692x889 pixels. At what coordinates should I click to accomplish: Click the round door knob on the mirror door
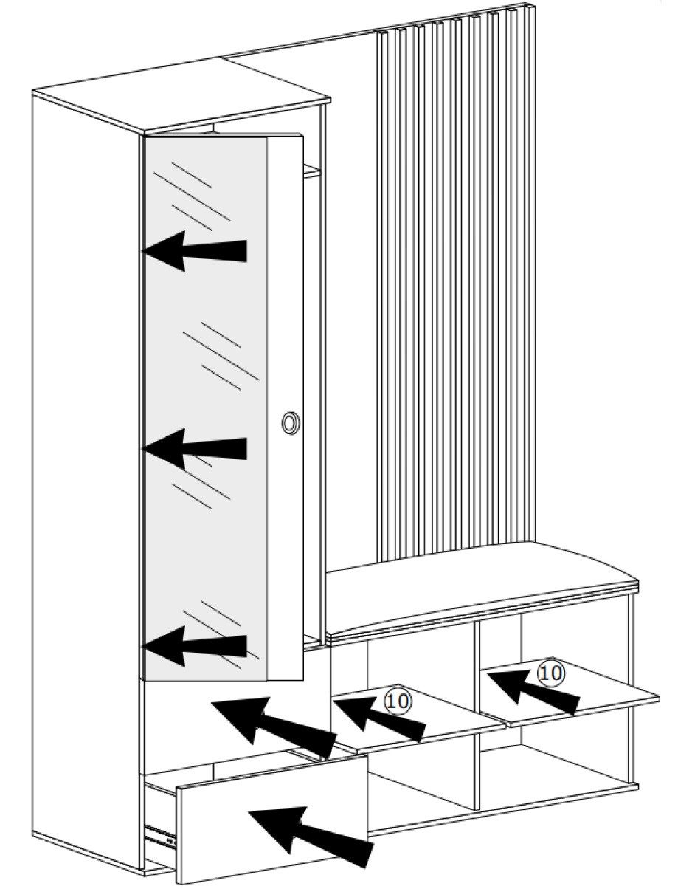click(291, 422)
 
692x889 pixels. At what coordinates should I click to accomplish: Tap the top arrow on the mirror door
click(194, 251)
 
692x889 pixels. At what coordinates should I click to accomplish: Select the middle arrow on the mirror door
click(194, 448)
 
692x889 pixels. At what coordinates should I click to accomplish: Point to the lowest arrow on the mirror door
click(194, 646)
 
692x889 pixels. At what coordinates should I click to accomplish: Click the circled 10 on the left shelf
click(398, 701)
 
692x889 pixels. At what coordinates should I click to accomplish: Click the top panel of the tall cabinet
click(181, 96)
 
